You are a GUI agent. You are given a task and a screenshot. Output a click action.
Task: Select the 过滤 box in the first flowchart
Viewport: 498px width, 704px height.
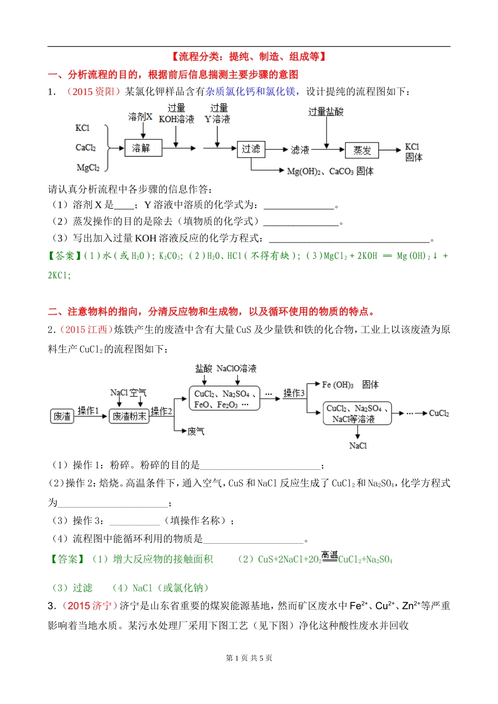pos(251,149)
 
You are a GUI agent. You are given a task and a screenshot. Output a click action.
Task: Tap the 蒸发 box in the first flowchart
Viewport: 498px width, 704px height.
pos(362,150)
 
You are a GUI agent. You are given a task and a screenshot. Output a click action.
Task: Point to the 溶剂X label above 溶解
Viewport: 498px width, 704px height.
pos(140,117)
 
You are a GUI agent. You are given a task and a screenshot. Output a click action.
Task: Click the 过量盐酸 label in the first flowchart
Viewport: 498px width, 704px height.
pos(326,112)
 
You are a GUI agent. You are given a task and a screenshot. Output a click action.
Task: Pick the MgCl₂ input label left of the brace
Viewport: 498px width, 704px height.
pos(88,168)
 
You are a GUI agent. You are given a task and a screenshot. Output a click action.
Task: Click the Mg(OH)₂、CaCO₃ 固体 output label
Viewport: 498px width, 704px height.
pos(330,171)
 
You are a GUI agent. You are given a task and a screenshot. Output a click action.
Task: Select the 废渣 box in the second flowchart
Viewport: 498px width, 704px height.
pos(62,416)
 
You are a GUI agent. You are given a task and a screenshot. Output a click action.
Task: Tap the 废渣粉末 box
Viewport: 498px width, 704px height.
pos(129,416)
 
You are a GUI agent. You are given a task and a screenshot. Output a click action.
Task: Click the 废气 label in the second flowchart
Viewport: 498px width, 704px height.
pos(196,431)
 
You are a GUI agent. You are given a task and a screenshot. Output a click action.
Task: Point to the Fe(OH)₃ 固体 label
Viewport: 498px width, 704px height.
pos(350,385)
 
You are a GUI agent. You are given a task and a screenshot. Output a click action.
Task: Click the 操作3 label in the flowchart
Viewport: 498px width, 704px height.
pos(294,393)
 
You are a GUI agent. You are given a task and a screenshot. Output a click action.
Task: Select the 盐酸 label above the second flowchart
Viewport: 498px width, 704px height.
pos(203,369)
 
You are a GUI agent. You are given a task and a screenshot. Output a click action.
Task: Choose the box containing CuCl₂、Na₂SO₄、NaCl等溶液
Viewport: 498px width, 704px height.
pos(357,413)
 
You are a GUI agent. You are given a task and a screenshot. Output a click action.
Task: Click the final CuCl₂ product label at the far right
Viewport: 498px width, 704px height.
pos(439,413)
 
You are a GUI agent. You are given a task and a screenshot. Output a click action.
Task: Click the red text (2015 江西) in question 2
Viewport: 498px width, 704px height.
pos(86,329)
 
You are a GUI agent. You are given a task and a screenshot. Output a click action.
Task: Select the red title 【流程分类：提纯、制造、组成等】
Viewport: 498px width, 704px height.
pos(248,57)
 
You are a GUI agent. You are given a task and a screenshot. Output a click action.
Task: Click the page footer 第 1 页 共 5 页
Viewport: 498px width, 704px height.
pos(249,658)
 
